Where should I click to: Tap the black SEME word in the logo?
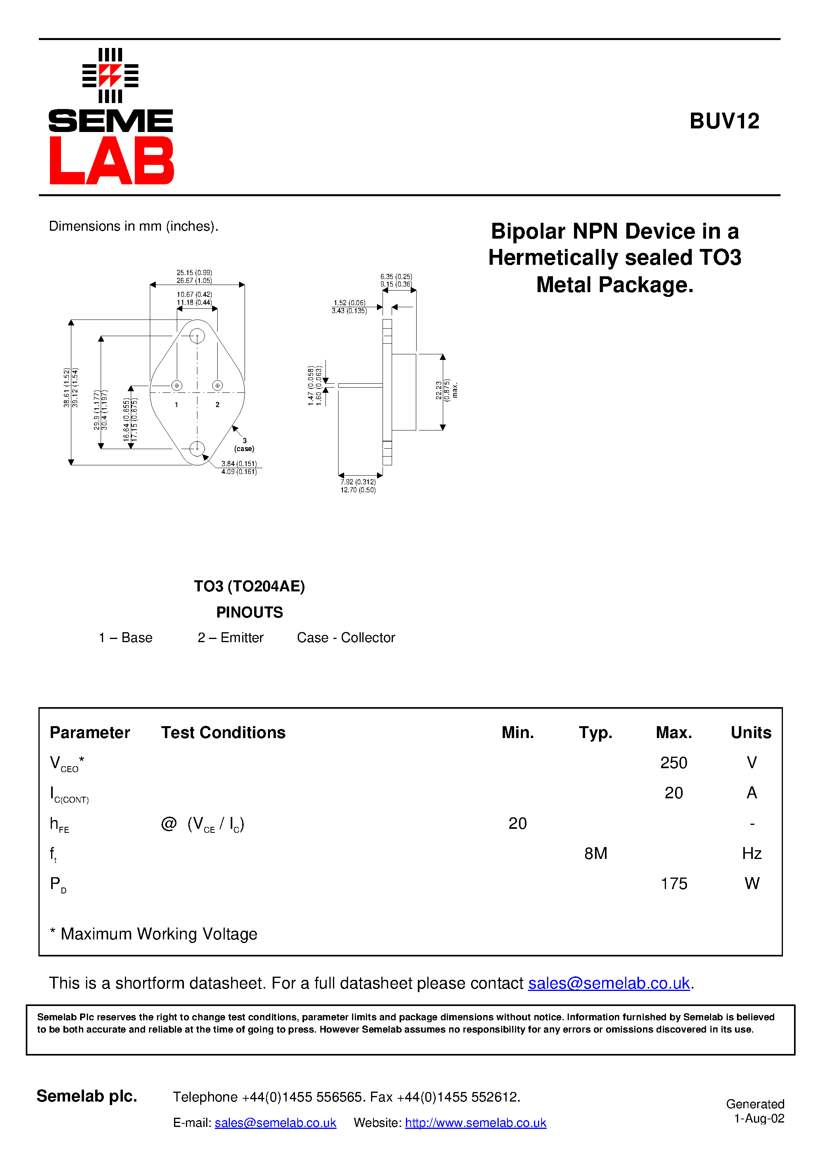point(111,121)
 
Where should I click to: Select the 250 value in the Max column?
point(673,763)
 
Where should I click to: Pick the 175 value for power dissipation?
point(674,884)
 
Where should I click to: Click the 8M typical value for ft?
point(595,854)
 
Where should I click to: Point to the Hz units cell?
point(751,854)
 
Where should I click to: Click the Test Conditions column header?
point(223,733)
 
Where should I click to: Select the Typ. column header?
point(595,733)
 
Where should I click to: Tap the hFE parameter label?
point(59,824)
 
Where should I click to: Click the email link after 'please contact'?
point(609,983)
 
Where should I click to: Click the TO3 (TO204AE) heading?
point(249,586)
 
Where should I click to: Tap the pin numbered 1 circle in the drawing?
point(177,386)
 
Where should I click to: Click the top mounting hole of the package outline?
point(197,336)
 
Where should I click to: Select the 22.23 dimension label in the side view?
point(438,390)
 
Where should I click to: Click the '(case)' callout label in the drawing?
point(244,449)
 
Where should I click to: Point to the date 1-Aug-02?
point(758,1119)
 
